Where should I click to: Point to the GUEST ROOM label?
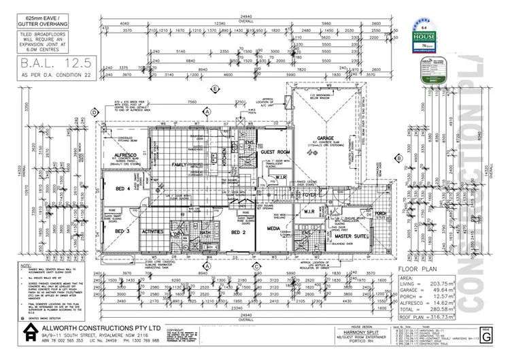click(275, 152)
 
